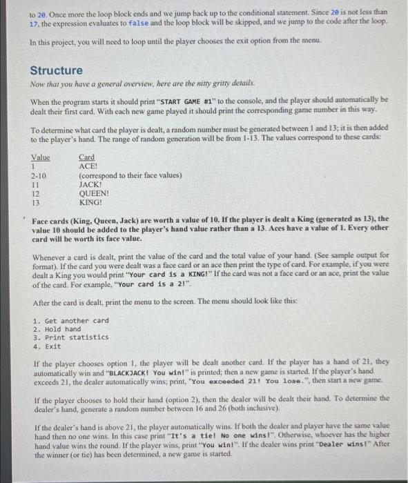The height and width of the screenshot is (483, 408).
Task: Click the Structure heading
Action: pyautogui.click(x=56, y=70)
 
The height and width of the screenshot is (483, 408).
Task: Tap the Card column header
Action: pyautogui.click(x=87, y=157)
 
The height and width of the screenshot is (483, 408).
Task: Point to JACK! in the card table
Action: pyautogui.click(x=90, y=185)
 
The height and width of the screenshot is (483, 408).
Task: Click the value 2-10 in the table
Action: pyautogui.click(x=39, y=176)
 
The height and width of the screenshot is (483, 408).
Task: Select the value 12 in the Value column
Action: pyautogui.click(x=35, y=194)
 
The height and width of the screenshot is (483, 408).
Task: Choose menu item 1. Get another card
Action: pyautogui.click(x=70, y=321)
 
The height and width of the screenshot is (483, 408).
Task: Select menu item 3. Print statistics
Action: pyautogui.click(x=70, y=337)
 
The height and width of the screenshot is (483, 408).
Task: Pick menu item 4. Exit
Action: pyautogui.click(x=47, y=346)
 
